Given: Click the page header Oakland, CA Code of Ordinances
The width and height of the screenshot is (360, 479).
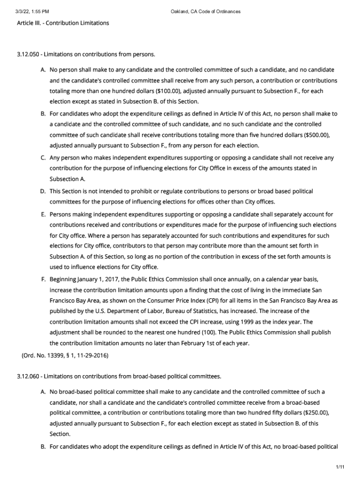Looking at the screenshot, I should [206, 12].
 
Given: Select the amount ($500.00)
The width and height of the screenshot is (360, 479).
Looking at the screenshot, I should [317, 135].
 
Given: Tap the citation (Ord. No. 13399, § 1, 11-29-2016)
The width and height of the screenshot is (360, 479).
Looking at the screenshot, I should [65, 356].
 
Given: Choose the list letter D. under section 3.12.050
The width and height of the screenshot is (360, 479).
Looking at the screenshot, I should [43, 191].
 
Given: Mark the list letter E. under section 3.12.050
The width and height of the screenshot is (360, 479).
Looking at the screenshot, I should [43, 214].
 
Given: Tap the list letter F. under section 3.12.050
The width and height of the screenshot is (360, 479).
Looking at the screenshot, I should [43, 279].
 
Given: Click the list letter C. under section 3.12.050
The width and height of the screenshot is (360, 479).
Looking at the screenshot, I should [43, 158].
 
